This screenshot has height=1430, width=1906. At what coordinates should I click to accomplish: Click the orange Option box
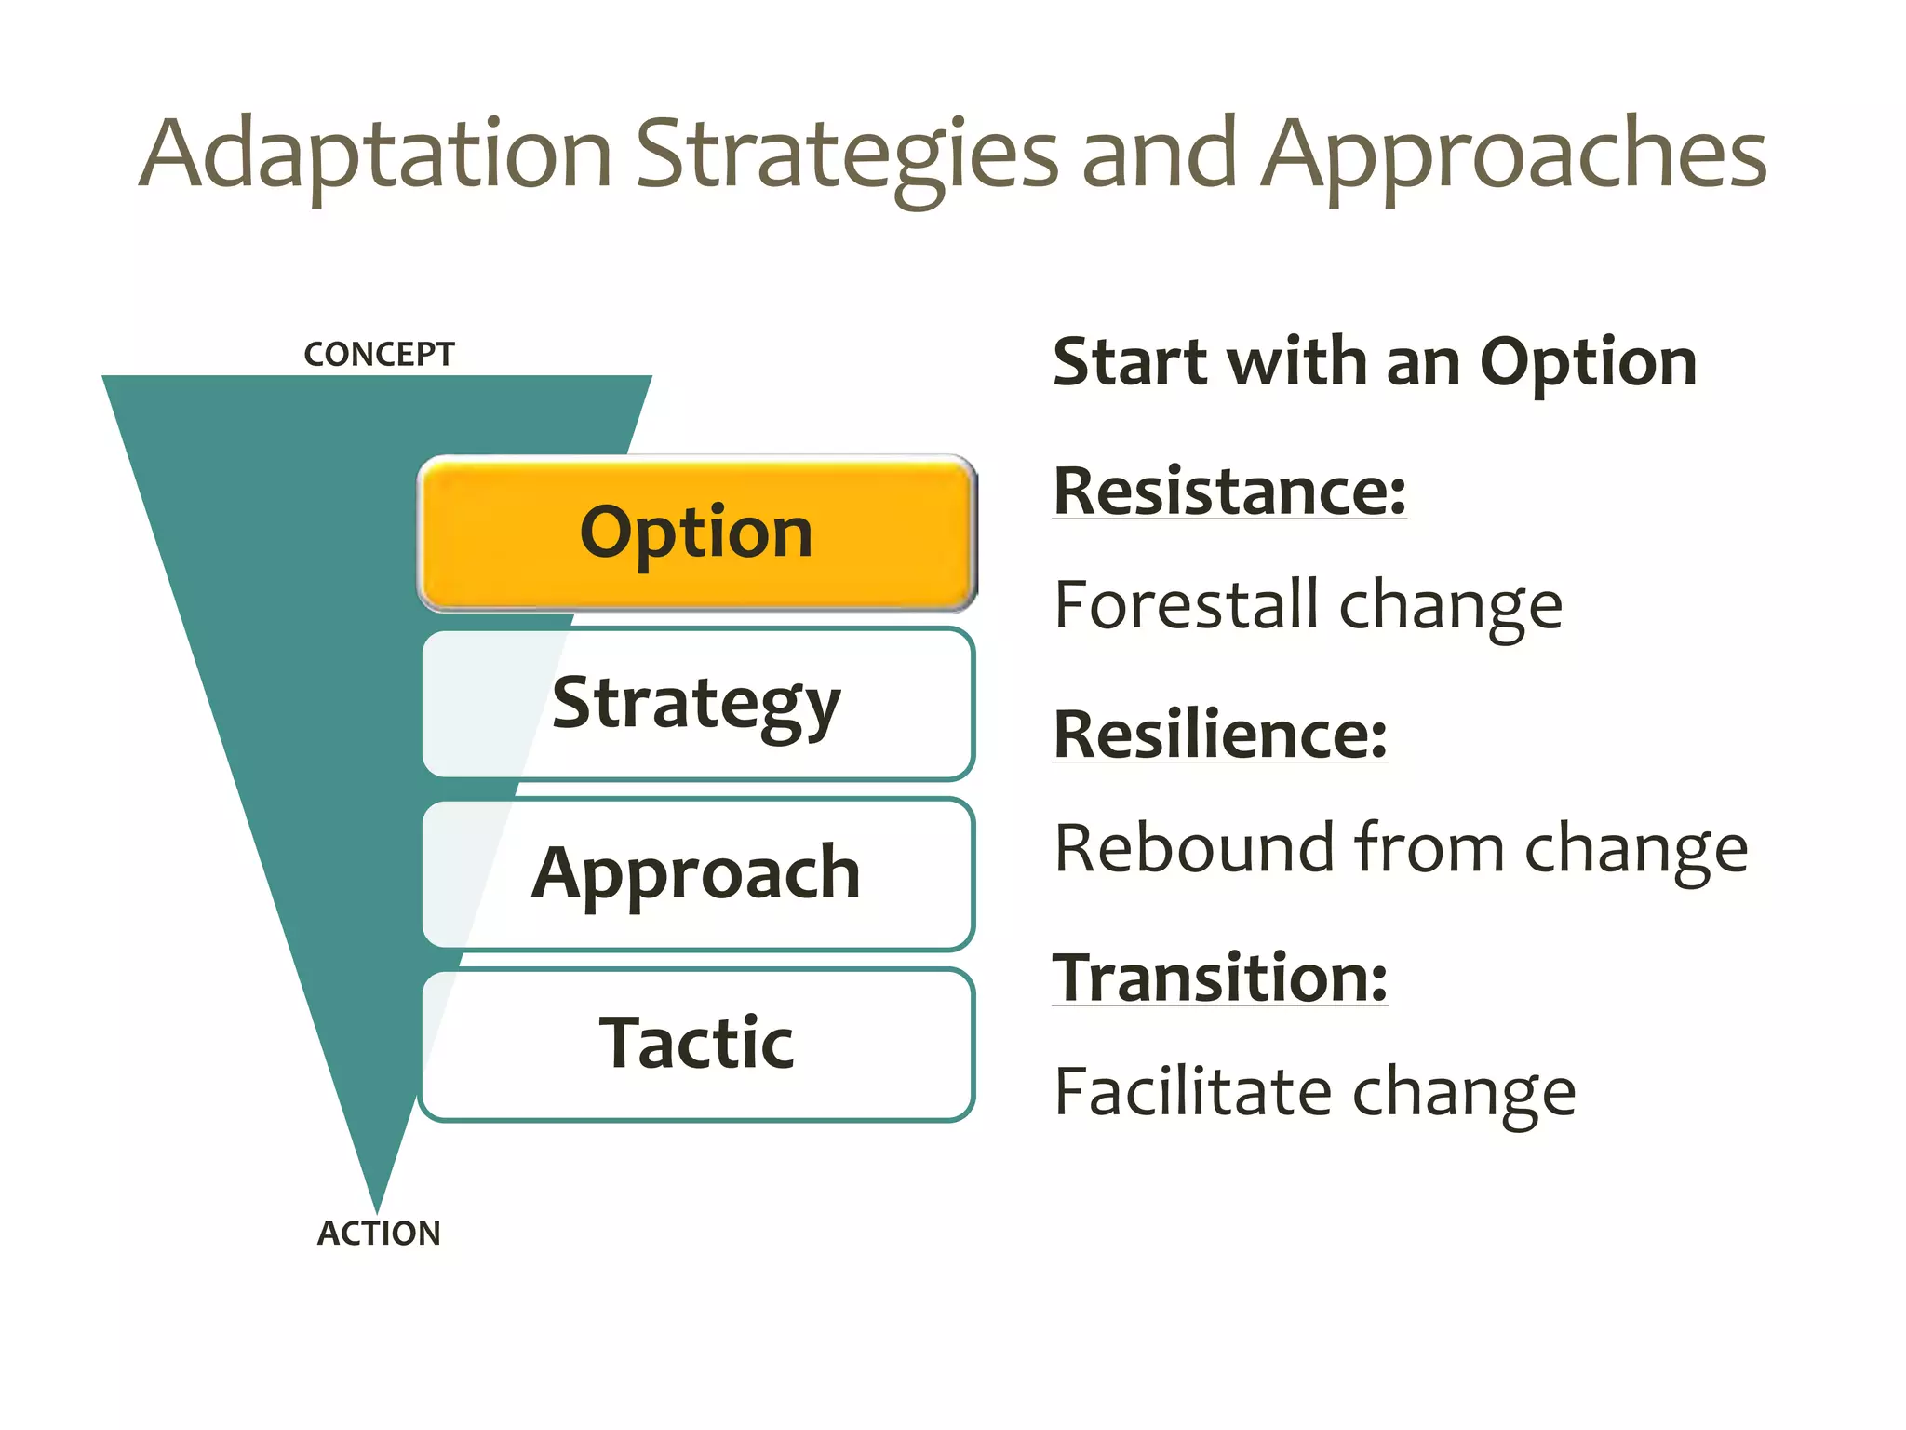click(x=697, y=533)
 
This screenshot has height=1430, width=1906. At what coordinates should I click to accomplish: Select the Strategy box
click(x=697, y=704)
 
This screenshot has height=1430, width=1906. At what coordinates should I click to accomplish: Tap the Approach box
click(x=697, y=873)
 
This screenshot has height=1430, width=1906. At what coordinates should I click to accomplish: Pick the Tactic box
click(x=697, y=1044)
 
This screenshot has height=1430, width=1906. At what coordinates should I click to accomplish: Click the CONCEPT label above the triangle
click(x=379, y=355)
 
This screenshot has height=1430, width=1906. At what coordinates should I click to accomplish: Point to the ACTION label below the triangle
click(x=379, y=1234)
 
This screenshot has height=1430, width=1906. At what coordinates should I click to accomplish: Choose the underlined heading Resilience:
click(x=1219, y=735)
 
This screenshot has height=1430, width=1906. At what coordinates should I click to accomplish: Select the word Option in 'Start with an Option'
click(x=1588, y=363)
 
